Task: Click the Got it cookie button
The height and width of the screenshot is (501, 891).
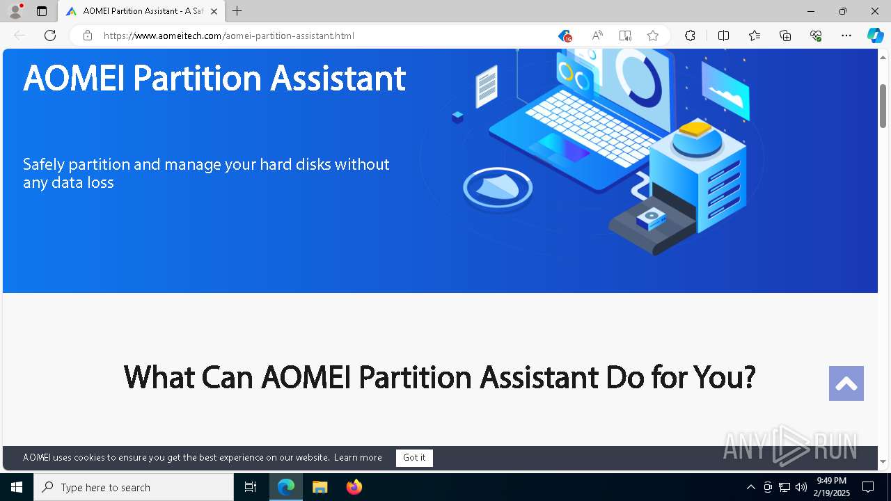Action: [414, 458]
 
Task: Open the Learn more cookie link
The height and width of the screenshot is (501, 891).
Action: [358, 458]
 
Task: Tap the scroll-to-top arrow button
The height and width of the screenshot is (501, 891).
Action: [846, 383]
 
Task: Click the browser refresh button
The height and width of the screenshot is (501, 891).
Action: [50, 35]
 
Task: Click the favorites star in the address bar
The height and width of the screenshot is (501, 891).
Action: [652, 35]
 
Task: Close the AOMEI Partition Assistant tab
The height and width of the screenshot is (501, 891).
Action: [214, 11]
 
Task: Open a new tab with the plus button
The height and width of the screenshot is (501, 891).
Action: [237, 11]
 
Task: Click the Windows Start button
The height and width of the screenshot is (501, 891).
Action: [17, 487]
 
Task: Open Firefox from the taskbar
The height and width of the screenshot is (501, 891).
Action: [354, 487]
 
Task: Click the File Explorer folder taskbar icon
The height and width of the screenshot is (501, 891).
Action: [320, 487]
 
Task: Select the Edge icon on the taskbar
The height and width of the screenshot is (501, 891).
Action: [286, 487]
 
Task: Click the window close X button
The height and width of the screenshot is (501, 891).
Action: [875, 11]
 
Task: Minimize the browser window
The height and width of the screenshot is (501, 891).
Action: [811, 11]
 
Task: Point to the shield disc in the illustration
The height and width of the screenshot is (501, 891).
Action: [498, 189]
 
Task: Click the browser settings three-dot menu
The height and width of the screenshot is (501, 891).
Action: [846, 35]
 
